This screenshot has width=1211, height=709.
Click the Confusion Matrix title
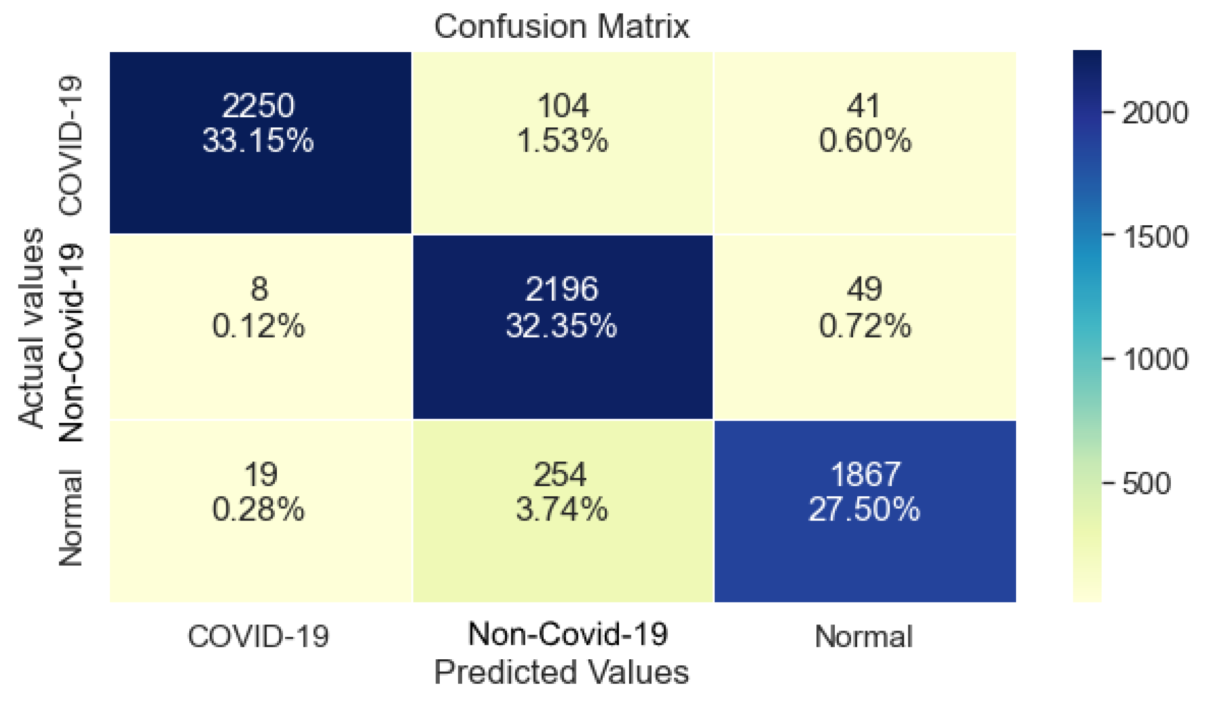pyautogui.click(x=561, y=26)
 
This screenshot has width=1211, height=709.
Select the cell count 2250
pyautogui.click(x=258, y=106)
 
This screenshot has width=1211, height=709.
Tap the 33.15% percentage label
pyautogui.click(x=258, y=141)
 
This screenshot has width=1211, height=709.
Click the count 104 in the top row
pyautogui.click(x=563, y=106)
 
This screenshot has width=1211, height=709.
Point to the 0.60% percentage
pyautogui.click(x=864, y=141)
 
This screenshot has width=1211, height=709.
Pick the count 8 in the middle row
pyautogui.click(x=259, y=289)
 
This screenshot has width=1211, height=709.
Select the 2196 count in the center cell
pyautogui.click(x=562, y=289)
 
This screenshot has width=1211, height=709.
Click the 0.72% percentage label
pyautogui.click(x=864, y=327)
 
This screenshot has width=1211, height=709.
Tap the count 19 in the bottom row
pyautogui.click(x=260, y=474)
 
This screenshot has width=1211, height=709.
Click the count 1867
pyautogui.click(x=865, y=474)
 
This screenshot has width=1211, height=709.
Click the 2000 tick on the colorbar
pyautogui.click(x=1154, y=113)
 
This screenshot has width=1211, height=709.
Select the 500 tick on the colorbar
pyautogui.click(x=1146, y=483)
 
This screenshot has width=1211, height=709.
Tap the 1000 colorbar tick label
pyautogui.click(x=1154, y=358)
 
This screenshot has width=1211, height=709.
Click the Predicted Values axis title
pyautogui.click(x=561, y=672)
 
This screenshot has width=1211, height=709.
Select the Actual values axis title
pyautogui.click(x=31, y=328)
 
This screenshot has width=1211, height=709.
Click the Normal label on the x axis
pyautogui.click(x=863, y=636)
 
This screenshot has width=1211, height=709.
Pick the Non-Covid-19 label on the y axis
pyautogui.click(x=71, y=343)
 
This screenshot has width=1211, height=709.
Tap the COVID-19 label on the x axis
pyautogui.click(x=258, y=636)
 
